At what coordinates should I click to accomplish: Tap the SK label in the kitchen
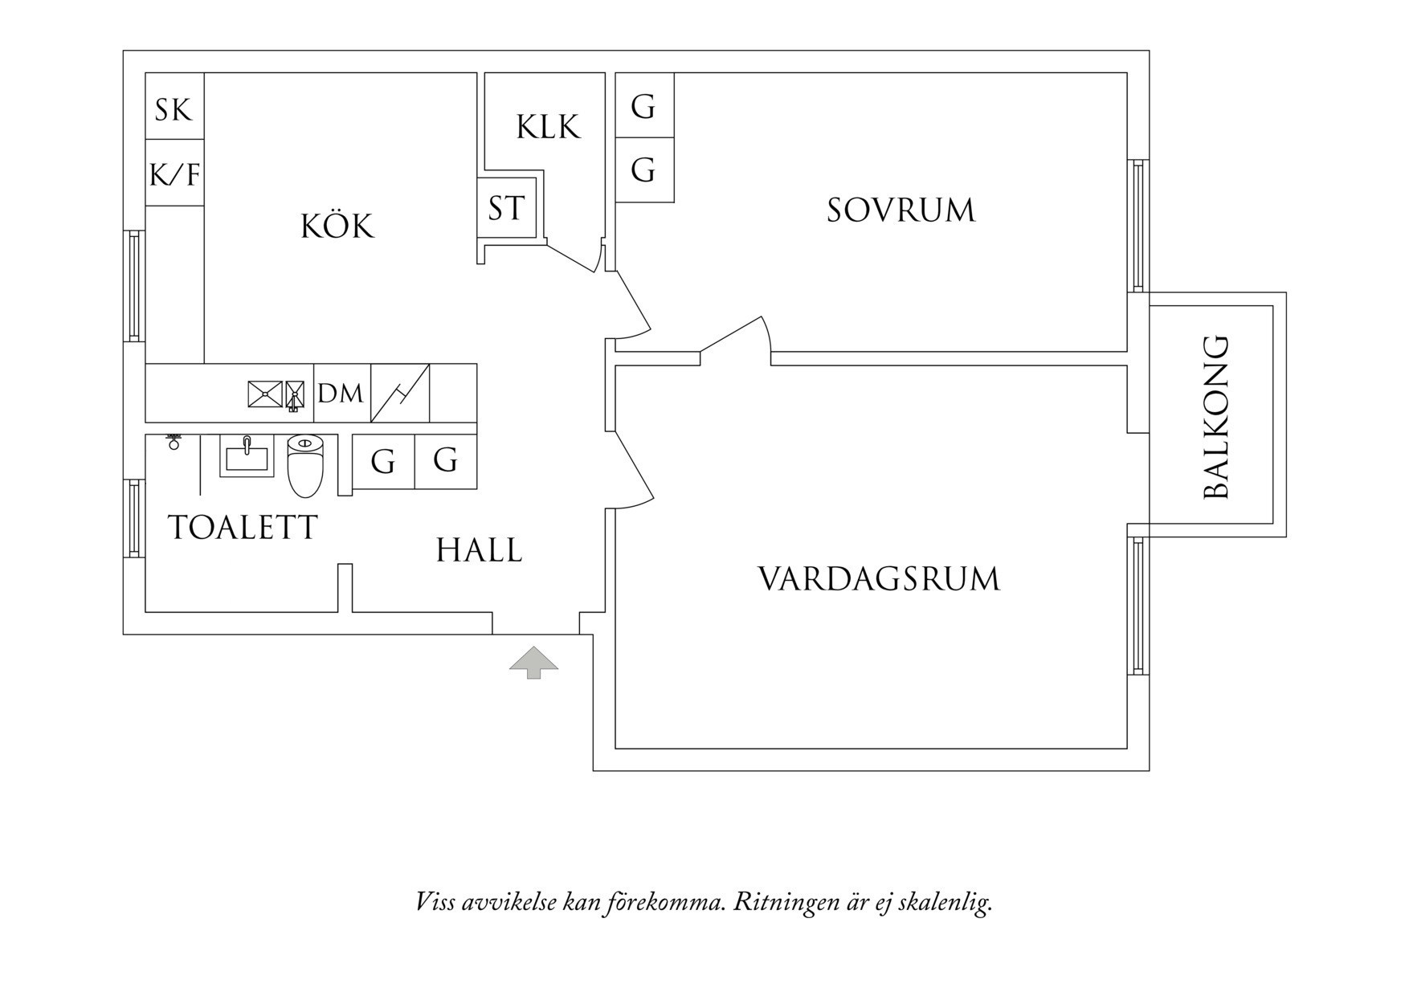174,109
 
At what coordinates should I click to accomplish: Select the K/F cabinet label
174,173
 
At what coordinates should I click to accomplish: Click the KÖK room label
337,227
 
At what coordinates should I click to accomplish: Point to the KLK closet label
548,127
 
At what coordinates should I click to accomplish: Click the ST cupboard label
506,209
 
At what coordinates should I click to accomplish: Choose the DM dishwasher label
341,394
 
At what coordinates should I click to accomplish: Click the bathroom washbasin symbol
247,457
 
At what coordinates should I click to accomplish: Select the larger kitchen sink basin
265,394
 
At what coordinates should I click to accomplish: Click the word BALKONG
1217,417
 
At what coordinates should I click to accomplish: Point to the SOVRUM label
901,210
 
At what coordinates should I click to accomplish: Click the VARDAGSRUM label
879,579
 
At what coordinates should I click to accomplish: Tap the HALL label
479,551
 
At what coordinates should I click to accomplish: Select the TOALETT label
243,528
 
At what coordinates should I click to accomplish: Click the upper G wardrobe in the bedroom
643,106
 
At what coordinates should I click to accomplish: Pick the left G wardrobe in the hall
383,462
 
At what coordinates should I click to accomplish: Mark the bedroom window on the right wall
1137,226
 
